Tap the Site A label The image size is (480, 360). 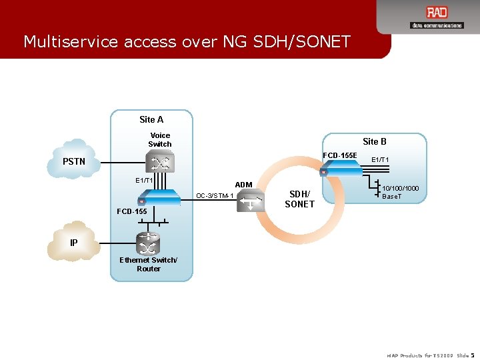click(x=151, y=120)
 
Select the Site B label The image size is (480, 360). click(x=375, y=141)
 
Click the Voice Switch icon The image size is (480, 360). click(x=160, y=163)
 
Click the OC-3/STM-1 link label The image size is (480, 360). click(x=214, y=196)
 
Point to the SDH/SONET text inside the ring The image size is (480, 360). click(x=299, y=199)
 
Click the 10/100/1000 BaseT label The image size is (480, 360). click(x=401, y=193)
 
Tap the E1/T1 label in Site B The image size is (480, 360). click(x=381, y=160)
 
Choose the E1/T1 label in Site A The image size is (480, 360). click(x=144, y=181)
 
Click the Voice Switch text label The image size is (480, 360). click(x=160, y=139)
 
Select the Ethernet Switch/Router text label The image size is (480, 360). click(x=149, y=264)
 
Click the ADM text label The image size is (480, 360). click(x=243, y=185)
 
